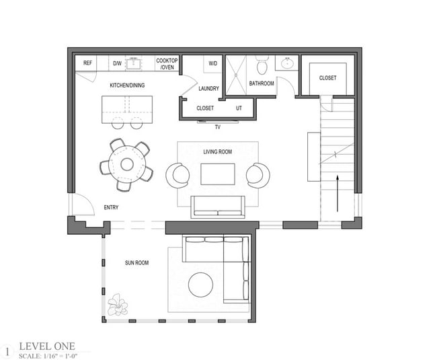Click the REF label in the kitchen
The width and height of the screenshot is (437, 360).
pos(87,63)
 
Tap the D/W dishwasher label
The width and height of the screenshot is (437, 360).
pos(117,63)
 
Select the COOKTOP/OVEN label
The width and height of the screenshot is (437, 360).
pos(167,63)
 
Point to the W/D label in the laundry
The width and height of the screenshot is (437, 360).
pos(213,63)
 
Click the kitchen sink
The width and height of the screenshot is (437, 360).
pos(134,64)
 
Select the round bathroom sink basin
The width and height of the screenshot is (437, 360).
pos(288,64)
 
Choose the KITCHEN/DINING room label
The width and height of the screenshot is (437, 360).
pos(128,85)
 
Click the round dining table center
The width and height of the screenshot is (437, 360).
pos(126,164)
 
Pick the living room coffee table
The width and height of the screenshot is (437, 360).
pos(218,174)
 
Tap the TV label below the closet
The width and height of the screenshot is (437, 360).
pos(217,127)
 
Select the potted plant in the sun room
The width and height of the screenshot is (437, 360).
pos(118,304)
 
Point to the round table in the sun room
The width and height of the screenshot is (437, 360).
pos(200,285)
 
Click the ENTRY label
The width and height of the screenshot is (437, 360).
pos(111,208)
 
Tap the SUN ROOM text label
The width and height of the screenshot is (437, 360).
pos(136,262)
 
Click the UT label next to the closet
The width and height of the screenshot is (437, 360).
pos(239,108)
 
